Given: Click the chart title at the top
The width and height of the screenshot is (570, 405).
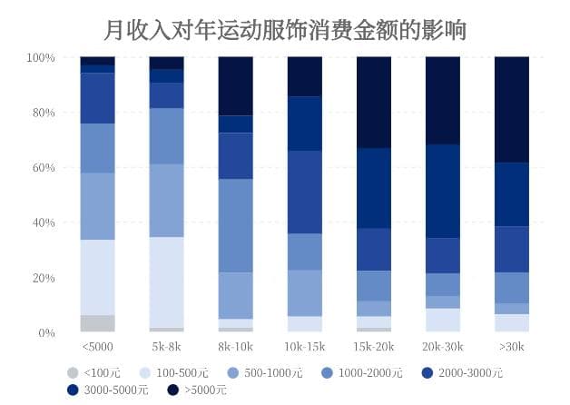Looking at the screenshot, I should pyautogui.click(x=285, y=30).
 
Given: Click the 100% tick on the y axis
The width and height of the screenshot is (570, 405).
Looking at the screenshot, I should pyautogui.click(x=41, y=58).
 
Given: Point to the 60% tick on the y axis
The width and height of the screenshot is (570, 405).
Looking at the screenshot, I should pyautogui.click(x=44, y=168).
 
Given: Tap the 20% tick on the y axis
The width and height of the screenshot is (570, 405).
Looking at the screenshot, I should pyautogui.click(x=44, y=278).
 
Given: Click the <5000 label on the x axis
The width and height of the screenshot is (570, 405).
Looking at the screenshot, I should pyautogui.click(x=97, y=347).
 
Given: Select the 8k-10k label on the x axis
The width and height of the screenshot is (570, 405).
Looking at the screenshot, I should pyautogui.click(x=235, y=347).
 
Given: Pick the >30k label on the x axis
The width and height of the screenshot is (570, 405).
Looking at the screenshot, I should pyautogui.click(x=511, y=347).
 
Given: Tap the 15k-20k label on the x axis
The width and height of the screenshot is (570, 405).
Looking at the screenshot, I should pyautogui.click(x=373, y=347).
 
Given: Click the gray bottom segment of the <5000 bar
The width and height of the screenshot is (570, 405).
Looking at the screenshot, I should pyautogui.click(x=97, y=323).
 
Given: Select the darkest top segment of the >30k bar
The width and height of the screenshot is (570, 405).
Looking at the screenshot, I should pyautogui.click(x=511, y=110).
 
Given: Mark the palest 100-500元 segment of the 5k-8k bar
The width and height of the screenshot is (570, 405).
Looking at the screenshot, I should pyautogui.click(x=166, y=282).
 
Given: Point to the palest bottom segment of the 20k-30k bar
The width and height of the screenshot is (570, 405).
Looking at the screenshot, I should pyautogui.click(x=442, y=320).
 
